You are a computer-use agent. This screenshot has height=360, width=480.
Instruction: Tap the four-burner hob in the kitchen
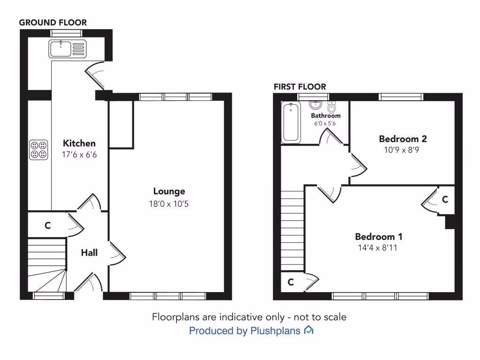38,150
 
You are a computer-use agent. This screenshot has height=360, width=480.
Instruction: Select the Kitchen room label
79,143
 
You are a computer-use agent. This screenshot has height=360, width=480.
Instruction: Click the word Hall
89,253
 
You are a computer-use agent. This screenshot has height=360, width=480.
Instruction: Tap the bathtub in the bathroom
292,123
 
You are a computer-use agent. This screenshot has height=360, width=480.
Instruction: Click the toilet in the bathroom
332,107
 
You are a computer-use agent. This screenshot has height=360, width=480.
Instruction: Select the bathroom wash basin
317,105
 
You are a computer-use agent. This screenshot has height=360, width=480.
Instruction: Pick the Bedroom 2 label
403,139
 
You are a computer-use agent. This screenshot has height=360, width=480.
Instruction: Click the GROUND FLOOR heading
52,22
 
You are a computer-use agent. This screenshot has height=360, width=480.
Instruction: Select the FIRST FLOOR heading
300,87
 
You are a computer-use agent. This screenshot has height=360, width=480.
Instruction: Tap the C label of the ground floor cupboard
47,225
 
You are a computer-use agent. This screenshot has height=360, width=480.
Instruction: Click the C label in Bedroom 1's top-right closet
445,200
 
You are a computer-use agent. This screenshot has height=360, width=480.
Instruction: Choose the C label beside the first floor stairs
291,282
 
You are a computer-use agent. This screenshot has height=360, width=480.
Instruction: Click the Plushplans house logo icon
308,330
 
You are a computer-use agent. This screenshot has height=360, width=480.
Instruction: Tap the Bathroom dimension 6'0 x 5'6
325,123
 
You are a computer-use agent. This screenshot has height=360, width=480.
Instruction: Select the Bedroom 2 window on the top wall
401,97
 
